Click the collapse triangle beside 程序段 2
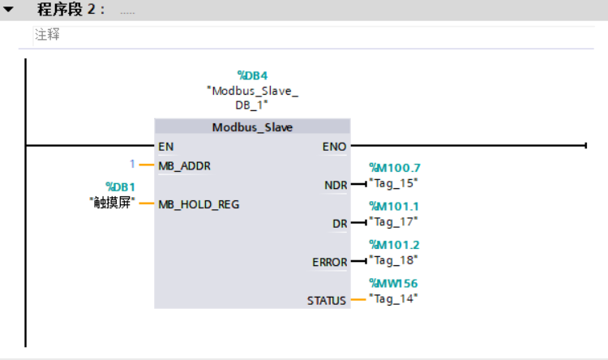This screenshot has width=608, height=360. pyautogui.click(x=9, y=11)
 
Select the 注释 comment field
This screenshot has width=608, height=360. pyautogui.click(x=47, y=35)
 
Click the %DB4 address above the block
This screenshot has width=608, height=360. pyautogui.click(x=252, y=75)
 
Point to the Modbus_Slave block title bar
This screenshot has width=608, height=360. pyautogui.click(x=252, y=127)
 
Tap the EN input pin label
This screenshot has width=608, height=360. pyautogui.click(x=165, y=146)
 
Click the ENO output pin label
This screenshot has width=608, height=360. pyautogui.click(x=334, y=146)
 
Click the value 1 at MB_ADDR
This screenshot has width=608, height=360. pyautogui.click(x=133, y=165)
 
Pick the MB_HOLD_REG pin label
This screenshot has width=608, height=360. pyautogui.click(x=199, y=204)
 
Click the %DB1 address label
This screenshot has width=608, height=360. pyautogui.click(x=120, y=187)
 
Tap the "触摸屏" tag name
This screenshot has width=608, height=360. pyautogui.click(x=112, y=202)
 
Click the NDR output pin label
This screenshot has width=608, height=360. pyautogui.click(x=336, y=185)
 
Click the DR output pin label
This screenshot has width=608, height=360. pyautogui.click(x=340, y=223)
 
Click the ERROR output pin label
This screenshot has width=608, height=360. pyautogui.click(x=330, y=262)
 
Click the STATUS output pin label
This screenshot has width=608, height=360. pyautogui.click(x=327, y=300)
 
